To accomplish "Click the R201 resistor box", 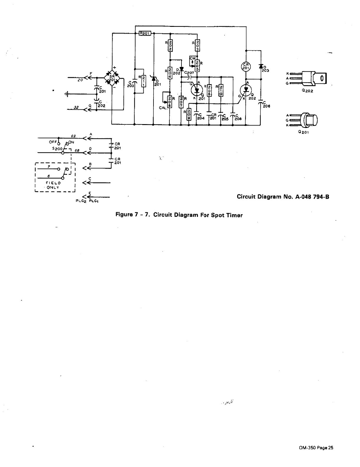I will coord(145,33).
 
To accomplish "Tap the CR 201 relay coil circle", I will coord(245,67).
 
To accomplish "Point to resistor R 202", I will coord(170,45).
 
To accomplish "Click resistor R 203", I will coord(197,45).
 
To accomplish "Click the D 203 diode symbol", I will coord(261,67).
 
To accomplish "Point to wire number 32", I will coord(76,107).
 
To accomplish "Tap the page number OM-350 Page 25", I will coord(316,456).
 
